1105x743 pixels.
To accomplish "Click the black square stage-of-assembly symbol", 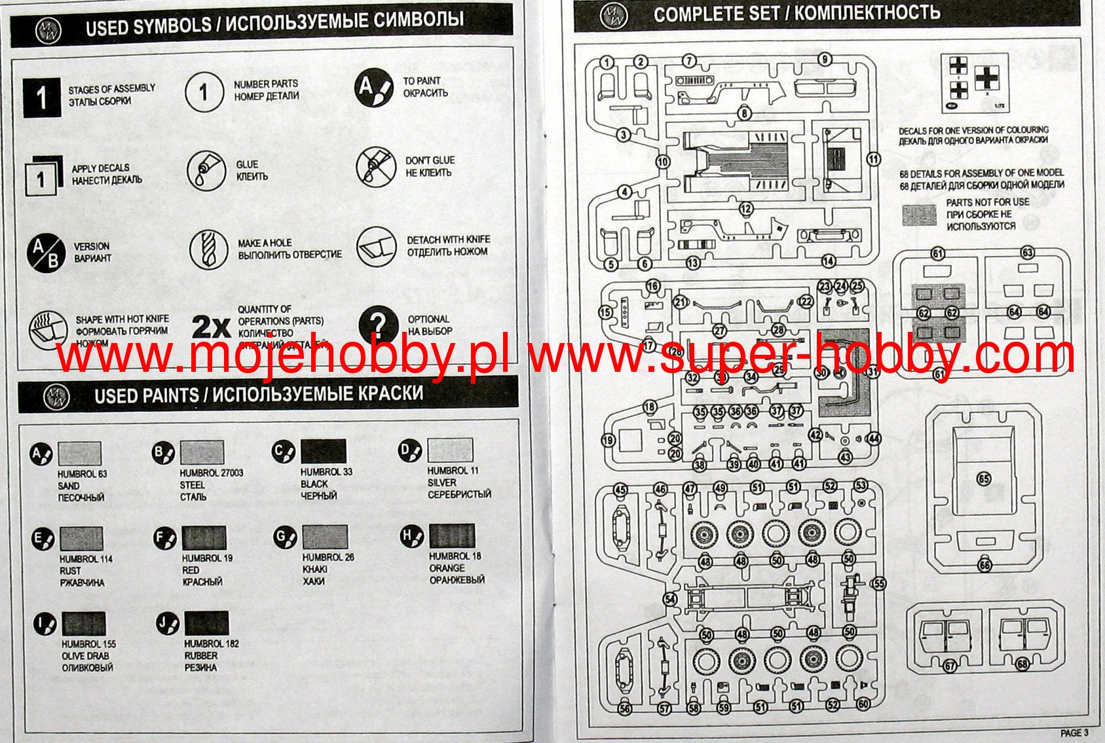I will click(x=42, y=98).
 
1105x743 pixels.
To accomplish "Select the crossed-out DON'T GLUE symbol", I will click(x=375, y=167).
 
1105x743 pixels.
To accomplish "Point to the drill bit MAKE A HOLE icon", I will click(x=208, y=249).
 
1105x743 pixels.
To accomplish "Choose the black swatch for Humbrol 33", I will click(x=324, y=452).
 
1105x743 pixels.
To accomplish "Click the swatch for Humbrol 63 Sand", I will click(x=79, y=454).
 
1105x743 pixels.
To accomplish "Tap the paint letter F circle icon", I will click(x=164, y=538).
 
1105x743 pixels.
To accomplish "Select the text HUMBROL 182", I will click(x=212, y=643).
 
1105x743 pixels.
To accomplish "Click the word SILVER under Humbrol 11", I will click(x=442, y=482).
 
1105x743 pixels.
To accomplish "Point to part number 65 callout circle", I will click(x=984, y=479).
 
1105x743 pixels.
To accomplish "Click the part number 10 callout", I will click(x=663, y=162).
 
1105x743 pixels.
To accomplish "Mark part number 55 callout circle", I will click(x=878, y=583).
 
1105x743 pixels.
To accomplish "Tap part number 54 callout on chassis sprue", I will click(x=669, y=599).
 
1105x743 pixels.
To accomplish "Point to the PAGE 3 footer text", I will click(x=1074, y=733).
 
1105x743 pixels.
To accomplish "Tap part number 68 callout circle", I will click(x=1022, y=664).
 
